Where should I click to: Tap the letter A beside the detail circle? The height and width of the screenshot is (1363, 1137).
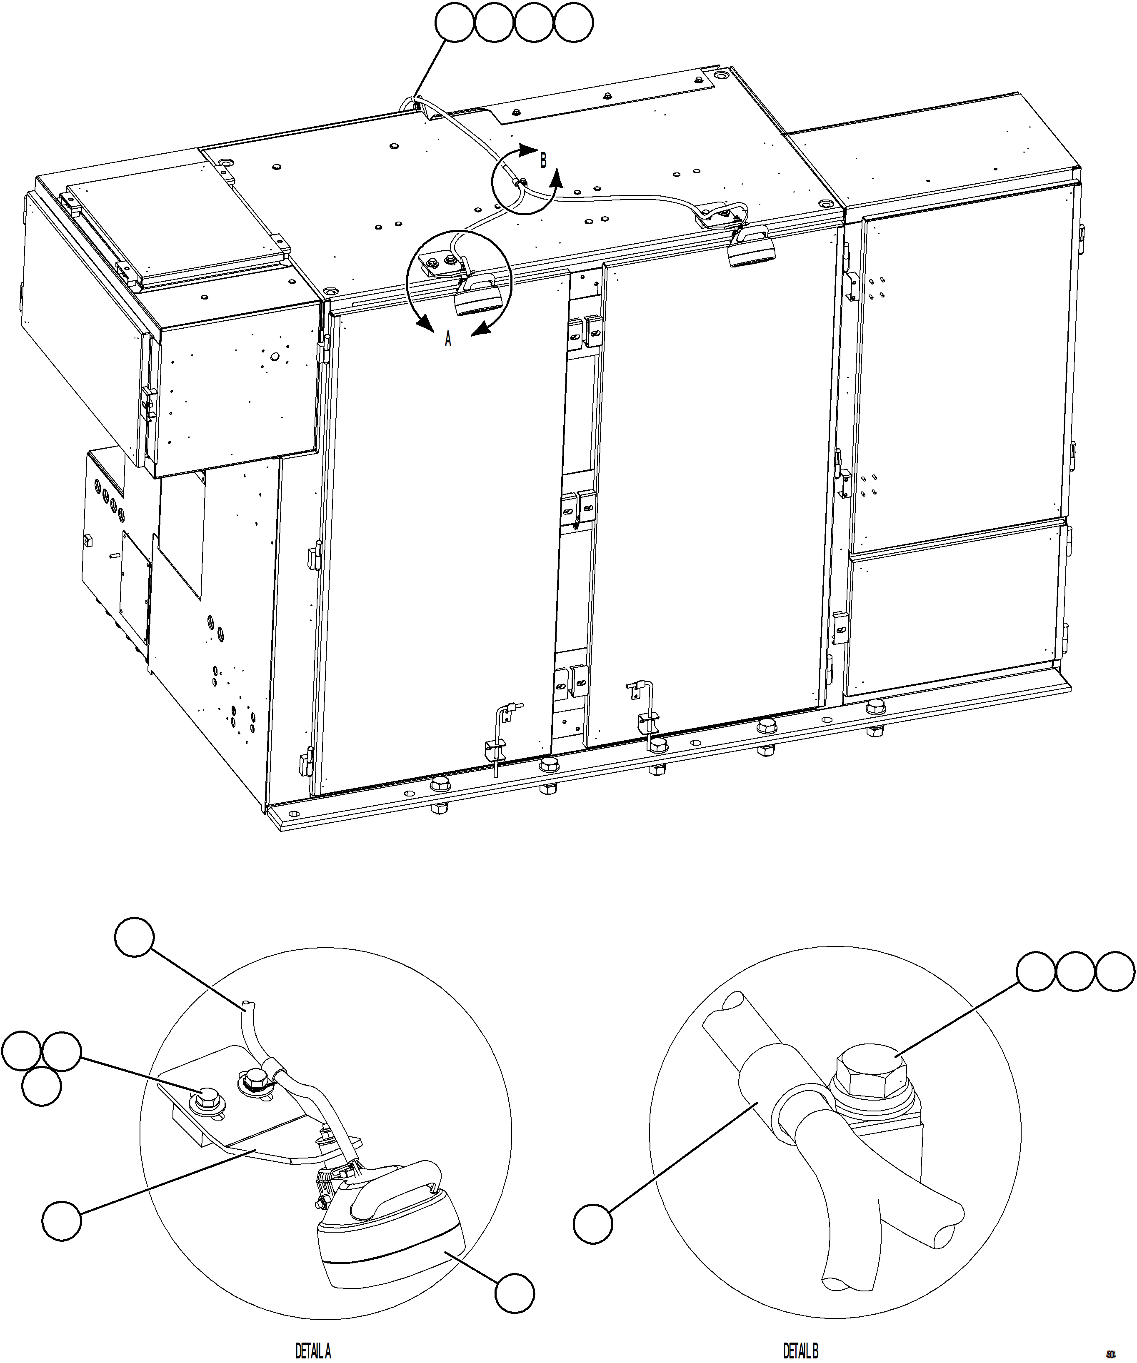[447, 340]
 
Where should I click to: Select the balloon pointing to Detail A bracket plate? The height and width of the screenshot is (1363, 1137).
[62, 1221]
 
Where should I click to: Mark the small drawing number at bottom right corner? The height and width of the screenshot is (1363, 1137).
[1110, 1355]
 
